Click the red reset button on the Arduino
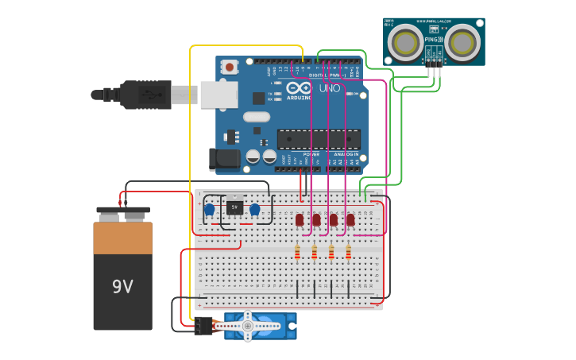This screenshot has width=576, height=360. click(230, 68)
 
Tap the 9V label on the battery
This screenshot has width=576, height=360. click(122, 286)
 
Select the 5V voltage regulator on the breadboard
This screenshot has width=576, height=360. click(234, 207)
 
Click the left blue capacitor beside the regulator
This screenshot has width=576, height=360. click(209, 210)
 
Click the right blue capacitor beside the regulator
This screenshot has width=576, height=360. click(254, 210)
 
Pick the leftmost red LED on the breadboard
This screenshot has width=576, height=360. click(300, 219)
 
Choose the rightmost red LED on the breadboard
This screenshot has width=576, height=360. click(350, 219)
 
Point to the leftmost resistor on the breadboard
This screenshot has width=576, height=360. click(297, 253)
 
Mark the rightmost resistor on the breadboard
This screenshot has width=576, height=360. click(348, 253)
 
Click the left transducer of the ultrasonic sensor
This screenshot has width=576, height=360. click(405, 42)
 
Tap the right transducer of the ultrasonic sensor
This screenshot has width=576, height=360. click(462, 42)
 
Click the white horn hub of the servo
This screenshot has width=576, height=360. click(248, 325)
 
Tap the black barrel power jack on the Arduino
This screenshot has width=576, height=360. click(224, 158)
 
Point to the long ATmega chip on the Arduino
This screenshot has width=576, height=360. click(318, 139)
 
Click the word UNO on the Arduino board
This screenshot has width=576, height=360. click(330, 88)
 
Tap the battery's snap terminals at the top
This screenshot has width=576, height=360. click(123, 213)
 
